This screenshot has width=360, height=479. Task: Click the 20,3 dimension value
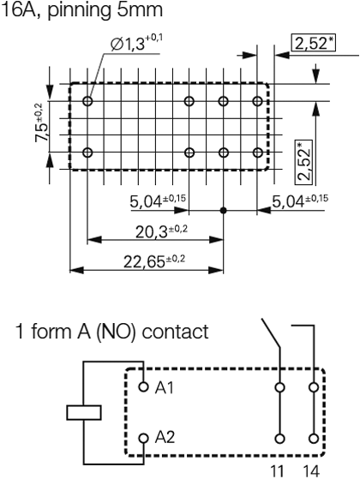tap(161, 232)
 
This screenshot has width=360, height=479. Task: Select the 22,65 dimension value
tap(154, 261)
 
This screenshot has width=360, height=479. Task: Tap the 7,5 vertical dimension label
tap(43, 123)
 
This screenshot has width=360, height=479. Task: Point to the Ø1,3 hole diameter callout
tap(136, 43)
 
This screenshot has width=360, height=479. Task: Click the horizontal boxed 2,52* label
tap(313, 43)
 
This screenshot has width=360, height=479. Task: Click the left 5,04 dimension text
tap(158, 201)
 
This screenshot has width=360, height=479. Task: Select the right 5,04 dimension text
tap(300, 201)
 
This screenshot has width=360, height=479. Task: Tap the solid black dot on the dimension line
tap(224, 210)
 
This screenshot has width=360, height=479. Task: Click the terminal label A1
tap(165, 387)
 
